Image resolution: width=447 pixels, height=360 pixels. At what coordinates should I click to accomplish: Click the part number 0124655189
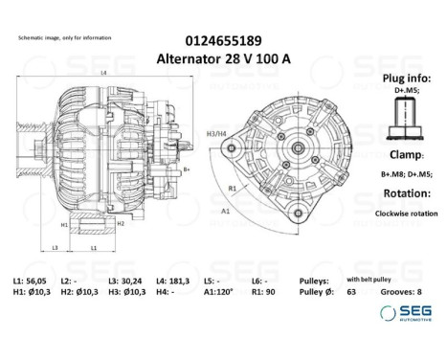tap(222, 40)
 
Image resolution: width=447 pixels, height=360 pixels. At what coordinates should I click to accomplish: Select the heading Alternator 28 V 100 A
tap(222, 57)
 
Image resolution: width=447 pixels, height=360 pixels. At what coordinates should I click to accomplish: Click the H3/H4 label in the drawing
tap(215, 134)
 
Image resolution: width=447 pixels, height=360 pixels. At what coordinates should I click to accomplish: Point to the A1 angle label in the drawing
tap(225, 209)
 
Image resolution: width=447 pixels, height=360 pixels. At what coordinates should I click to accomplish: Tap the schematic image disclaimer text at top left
tap(64, 37)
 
